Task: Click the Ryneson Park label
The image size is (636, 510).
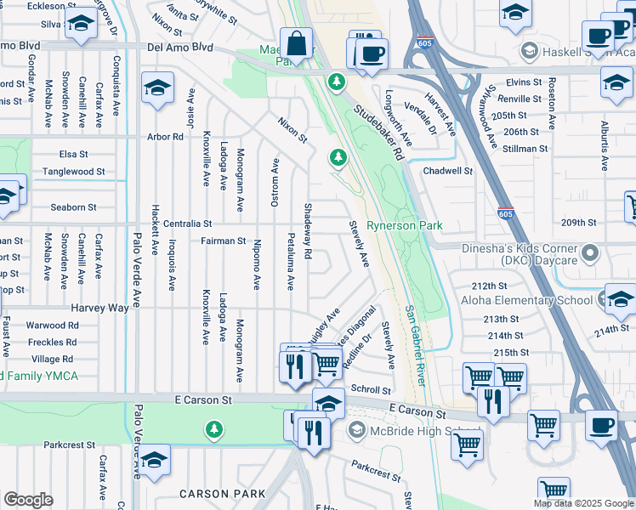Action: coord(404,226)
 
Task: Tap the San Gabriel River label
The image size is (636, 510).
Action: coord(413,347)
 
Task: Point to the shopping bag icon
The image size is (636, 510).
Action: coord(296,43)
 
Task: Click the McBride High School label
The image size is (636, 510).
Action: coord(415,432)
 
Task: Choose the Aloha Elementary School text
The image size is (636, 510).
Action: coord(526,300)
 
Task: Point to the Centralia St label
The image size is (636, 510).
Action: coord(182,224)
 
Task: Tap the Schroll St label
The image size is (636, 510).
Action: coord(370,388)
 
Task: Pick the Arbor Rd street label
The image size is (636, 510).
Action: coord(165,136)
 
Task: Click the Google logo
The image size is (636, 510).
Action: coord(28,500)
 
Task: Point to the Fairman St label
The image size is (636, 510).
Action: coord(223,241)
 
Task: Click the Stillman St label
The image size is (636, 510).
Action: coord(525,149)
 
